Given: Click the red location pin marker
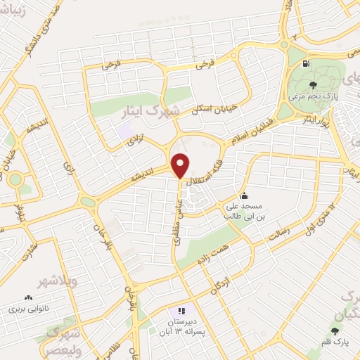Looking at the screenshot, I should pyautogui.click(x=181, y=165).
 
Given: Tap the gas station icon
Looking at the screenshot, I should pyautogui.click(x=306, y=63).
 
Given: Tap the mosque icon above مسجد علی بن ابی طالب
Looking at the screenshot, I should pyautogui.click(x=244, y=195).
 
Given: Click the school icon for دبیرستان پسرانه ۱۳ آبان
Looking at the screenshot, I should pyautogui.click(x=181, y=310).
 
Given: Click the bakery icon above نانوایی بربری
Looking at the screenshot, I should pyautogui.click(x=29, y=297).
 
